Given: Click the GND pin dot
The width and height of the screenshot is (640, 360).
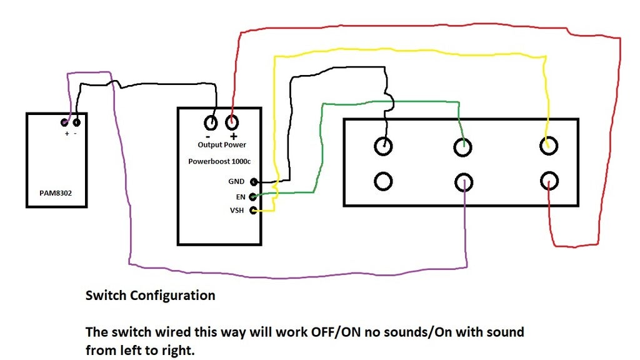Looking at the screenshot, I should click(254, 182).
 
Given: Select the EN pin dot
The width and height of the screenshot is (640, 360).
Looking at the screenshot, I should click(253, 196).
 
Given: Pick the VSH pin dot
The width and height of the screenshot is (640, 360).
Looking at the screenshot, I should click(253, 211).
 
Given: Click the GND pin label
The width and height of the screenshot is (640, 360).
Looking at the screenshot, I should click(237, 182).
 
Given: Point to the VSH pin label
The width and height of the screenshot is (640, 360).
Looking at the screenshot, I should click(238, 211).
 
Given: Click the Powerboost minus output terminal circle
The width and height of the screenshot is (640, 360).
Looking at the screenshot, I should click(211, 122).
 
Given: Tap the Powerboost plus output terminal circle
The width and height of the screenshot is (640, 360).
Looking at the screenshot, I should click(232, 122).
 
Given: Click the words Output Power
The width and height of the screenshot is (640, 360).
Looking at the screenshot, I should click(217, 144).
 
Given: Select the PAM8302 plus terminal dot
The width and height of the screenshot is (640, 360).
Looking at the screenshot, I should click(65, 122).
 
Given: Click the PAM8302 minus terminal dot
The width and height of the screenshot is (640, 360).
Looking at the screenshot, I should click(76, 122).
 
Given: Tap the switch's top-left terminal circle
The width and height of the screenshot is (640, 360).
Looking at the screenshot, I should click(383, 146).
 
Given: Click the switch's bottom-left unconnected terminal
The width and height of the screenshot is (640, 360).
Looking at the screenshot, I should click(383, 181).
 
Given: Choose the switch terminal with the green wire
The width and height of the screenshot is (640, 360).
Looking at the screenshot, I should click(462, 147).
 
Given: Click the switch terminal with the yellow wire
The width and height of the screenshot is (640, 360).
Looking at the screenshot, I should click(548, 146).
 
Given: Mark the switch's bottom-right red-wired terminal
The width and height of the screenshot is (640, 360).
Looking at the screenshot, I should click(548, 181).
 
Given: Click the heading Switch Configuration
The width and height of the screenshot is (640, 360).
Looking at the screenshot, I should click(150, 296).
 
